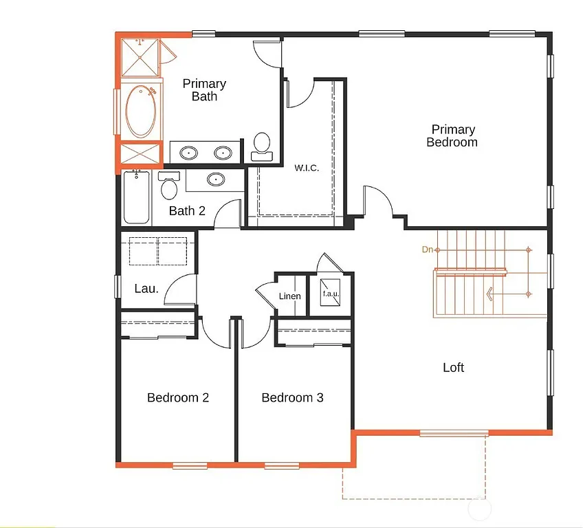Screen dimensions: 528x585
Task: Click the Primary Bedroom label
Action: (x=452, y=135)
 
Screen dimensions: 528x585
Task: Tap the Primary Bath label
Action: (x=204, y=90)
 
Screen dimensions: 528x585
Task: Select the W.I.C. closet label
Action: (x=307, y=168)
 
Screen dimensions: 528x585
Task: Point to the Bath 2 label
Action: (x=187, y=211)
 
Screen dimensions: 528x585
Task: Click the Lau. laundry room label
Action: (x=146, y=289)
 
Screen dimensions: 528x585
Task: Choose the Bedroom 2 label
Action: (x=178, y=397)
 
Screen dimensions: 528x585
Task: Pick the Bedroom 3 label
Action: (x=292, y=397)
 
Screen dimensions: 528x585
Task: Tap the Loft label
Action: (x=453, y=367)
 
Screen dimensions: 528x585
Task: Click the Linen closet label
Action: (x=289, y=296)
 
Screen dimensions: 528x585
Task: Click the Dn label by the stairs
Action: (x=428, y=250)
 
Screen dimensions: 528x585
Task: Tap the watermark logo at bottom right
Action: (x=478, y=509)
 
